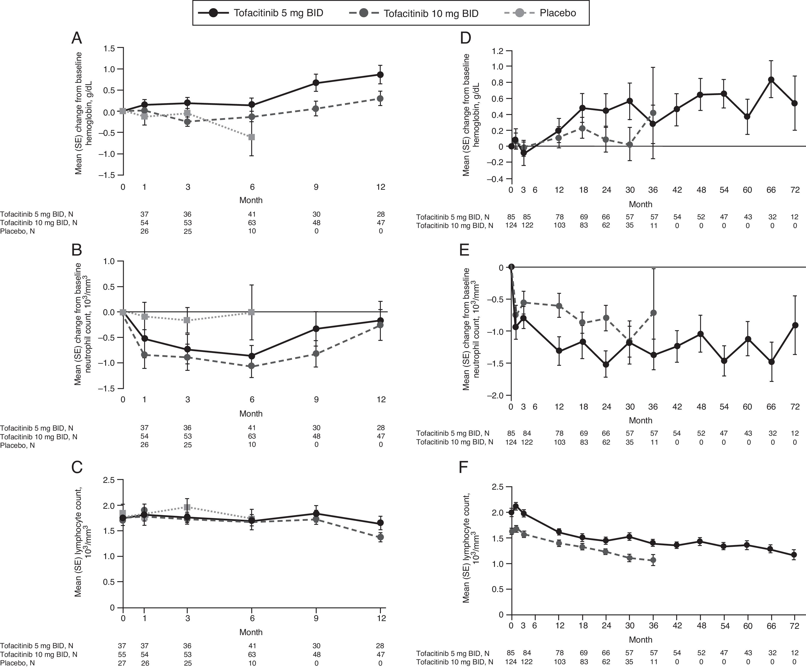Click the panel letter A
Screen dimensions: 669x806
click(77, 38)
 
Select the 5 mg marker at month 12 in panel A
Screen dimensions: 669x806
click(380, 75)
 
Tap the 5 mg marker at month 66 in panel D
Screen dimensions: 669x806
click(771, 80)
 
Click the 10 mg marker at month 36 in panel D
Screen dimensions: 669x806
click(653, 113)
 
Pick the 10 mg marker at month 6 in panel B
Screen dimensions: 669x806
click(252, 366)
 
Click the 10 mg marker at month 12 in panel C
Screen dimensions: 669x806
click(380, 537)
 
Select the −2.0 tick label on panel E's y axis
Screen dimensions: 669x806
click(495, 395)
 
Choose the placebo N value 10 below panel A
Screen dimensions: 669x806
click(252, 231)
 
